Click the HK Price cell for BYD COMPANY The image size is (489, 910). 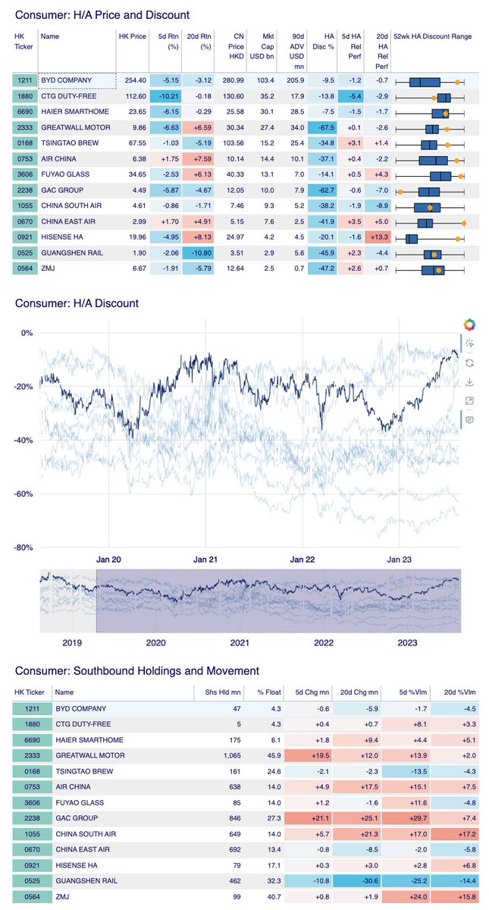click(x=135, y=80)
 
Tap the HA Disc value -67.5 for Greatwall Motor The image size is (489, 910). click(x=326, y=127)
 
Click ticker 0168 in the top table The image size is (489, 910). click(x=25, y=143)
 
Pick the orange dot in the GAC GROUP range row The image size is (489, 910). click(x=400, y=192)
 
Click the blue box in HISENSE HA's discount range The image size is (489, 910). click(x=412, y=239)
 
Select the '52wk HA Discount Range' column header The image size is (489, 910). click(x=433, y=36)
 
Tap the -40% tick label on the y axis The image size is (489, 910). click(x=24, y=441)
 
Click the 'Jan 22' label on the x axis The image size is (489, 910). click(x=302, y=560)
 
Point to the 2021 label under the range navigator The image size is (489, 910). click(x=240, y=643)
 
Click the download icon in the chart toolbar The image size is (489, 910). click(x=469, y=382)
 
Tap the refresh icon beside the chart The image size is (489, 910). click(x=469, y=362)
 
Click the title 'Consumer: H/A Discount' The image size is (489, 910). click(x=77, y=303)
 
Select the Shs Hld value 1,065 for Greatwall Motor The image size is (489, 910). click(x=232, y=755)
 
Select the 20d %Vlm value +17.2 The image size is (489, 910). click(x=467, y=834)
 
